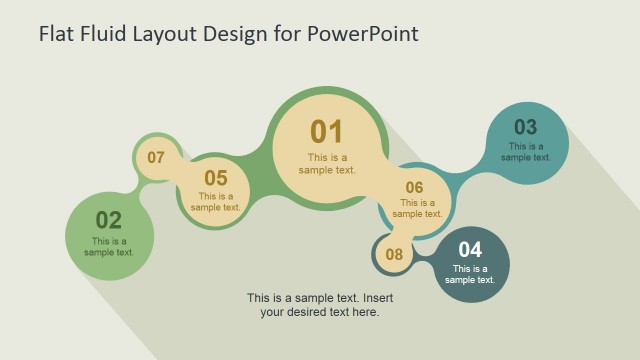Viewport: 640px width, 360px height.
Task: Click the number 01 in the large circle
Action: click(x=326, y=131)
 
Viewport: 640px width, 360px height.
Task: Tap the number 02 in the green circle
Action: click(x=108, y=220)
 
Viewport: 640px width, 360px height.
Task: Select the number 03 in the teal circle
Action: click(x=525, y=127)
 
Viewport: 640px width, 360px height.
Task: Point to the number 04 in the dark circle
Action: click(x=470, y=249)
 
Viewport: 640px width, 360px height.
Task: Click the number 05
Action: click(x=216, y=178)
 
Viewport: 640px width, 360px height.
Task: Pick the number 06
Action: click(x=414, y=187)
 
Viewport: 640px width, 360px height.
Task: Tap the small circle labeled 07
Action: click(x=156, y=157)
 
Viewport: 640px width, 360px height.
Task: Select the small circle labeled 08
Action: click(x=394, y=254)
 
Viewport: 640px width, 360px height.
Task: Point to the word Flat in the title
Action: click(x=56, y=33)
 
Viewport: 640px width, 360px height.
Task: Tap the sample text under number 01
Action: click(x=327, y=163)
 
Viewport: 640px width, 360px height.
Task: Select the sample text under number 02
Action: click(x=109, y=246)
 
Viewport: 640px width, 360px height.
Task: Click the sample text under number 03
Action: click(x=526, y=151)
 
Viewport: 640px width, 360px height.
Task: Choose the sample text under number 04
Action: click(x=470, y=274)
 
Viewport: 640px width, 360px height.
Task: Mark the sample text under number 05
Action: click(x=216, y=202)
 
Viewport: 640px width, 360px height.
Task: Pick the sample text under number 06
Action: click(x=418, y=208)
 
